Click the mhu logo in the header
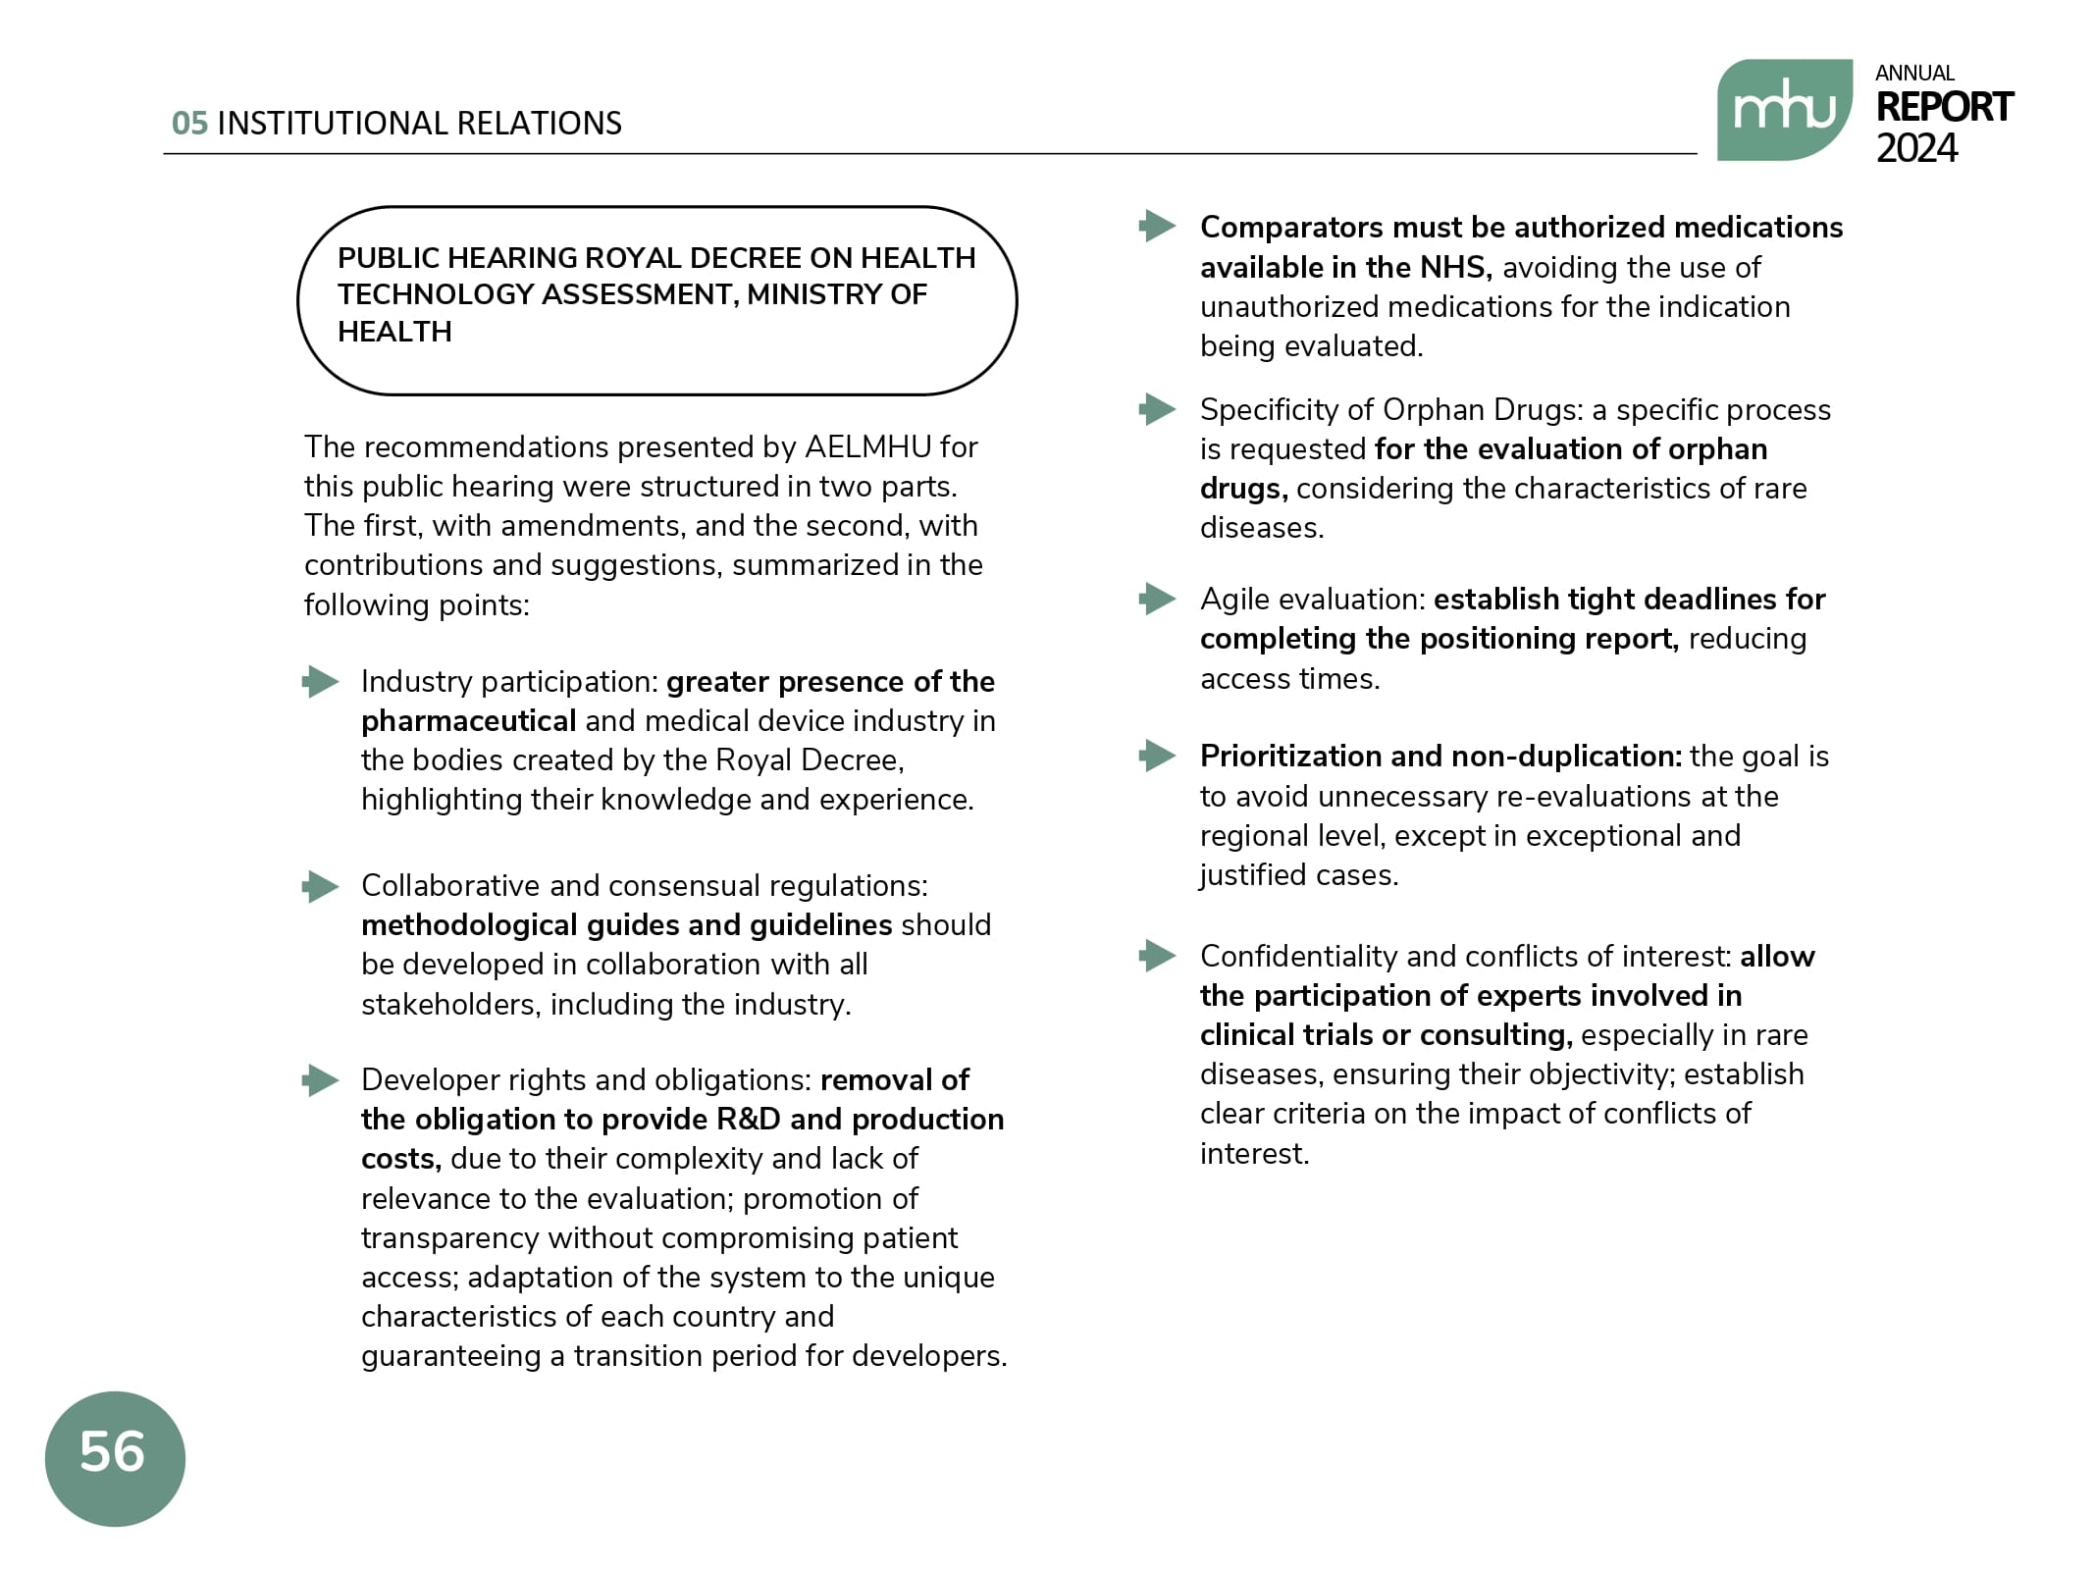coord(1783,109)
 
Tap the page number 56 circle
coord(115,1457)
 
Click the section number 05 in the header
coord(189,124)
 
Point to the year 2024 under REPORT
coord(1915,148)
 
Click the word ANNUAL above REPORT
coord(1913,74)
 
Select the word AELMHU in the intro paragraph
coord(867,447)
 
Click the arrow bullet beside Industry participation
coord(321,681)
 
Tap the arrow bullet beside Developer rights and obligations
coord(321,1080)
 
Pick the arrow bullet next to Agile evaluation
coord(1158,599)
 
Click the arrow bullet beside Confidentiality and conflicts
coord(1158,956)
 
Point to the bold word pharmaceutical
coord(468,721)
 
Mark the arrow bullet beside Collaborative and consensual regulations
coord(321,886)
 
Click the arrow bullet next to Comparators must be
coord(1158,227)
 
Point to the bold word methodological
coord(469,925)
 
